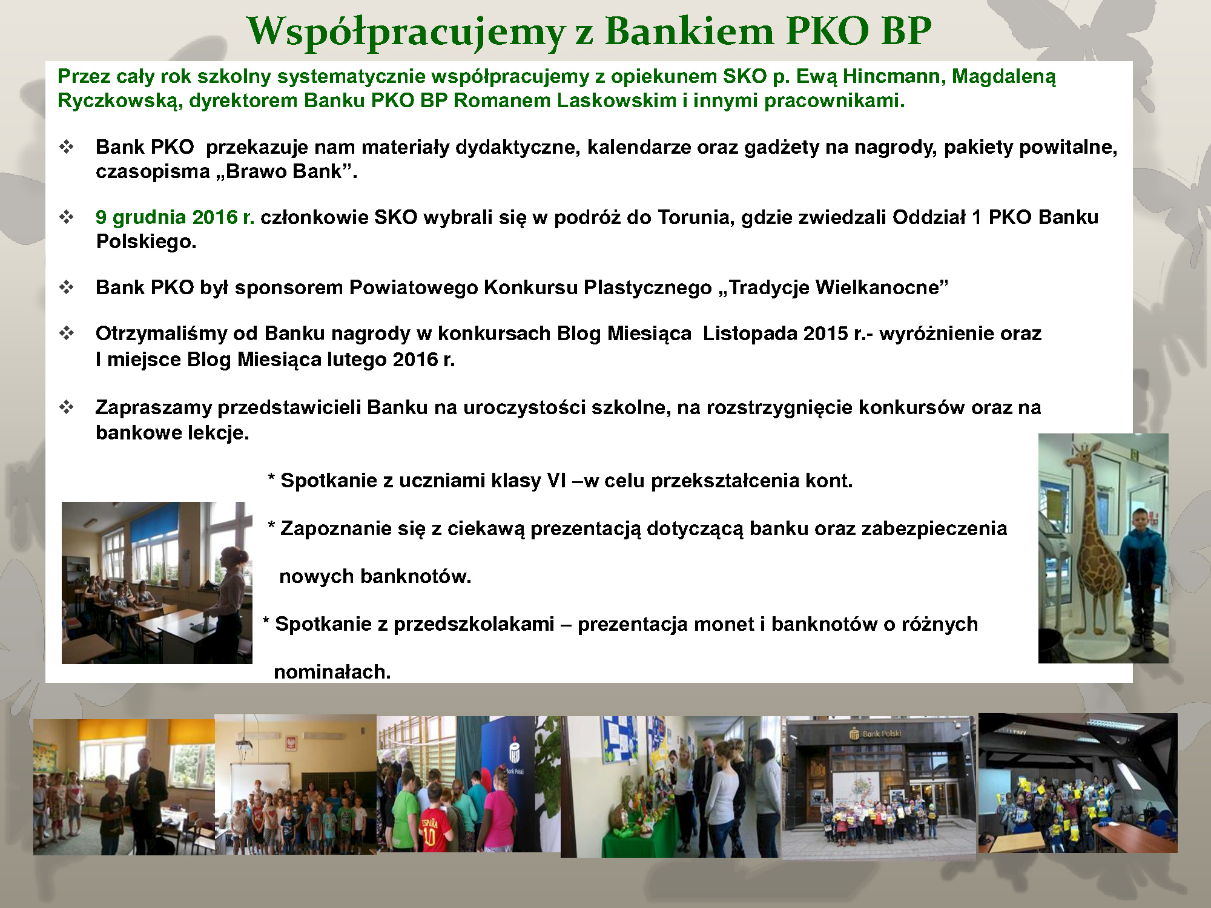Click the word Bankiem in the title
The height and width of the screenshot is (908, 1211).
point(690,31)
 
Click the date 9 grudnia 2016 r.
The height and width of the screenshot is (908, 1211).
point(175,217)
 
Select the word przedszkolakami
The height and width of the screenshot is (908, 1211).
point(474,624)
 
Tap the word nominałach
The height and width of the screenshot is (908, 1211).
point(332,671)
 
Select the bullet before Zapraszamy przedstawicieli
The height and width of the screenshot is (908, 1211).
point(67,407)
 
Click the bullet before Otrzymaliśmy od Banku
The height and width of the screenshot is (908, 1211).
point(67,333)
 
